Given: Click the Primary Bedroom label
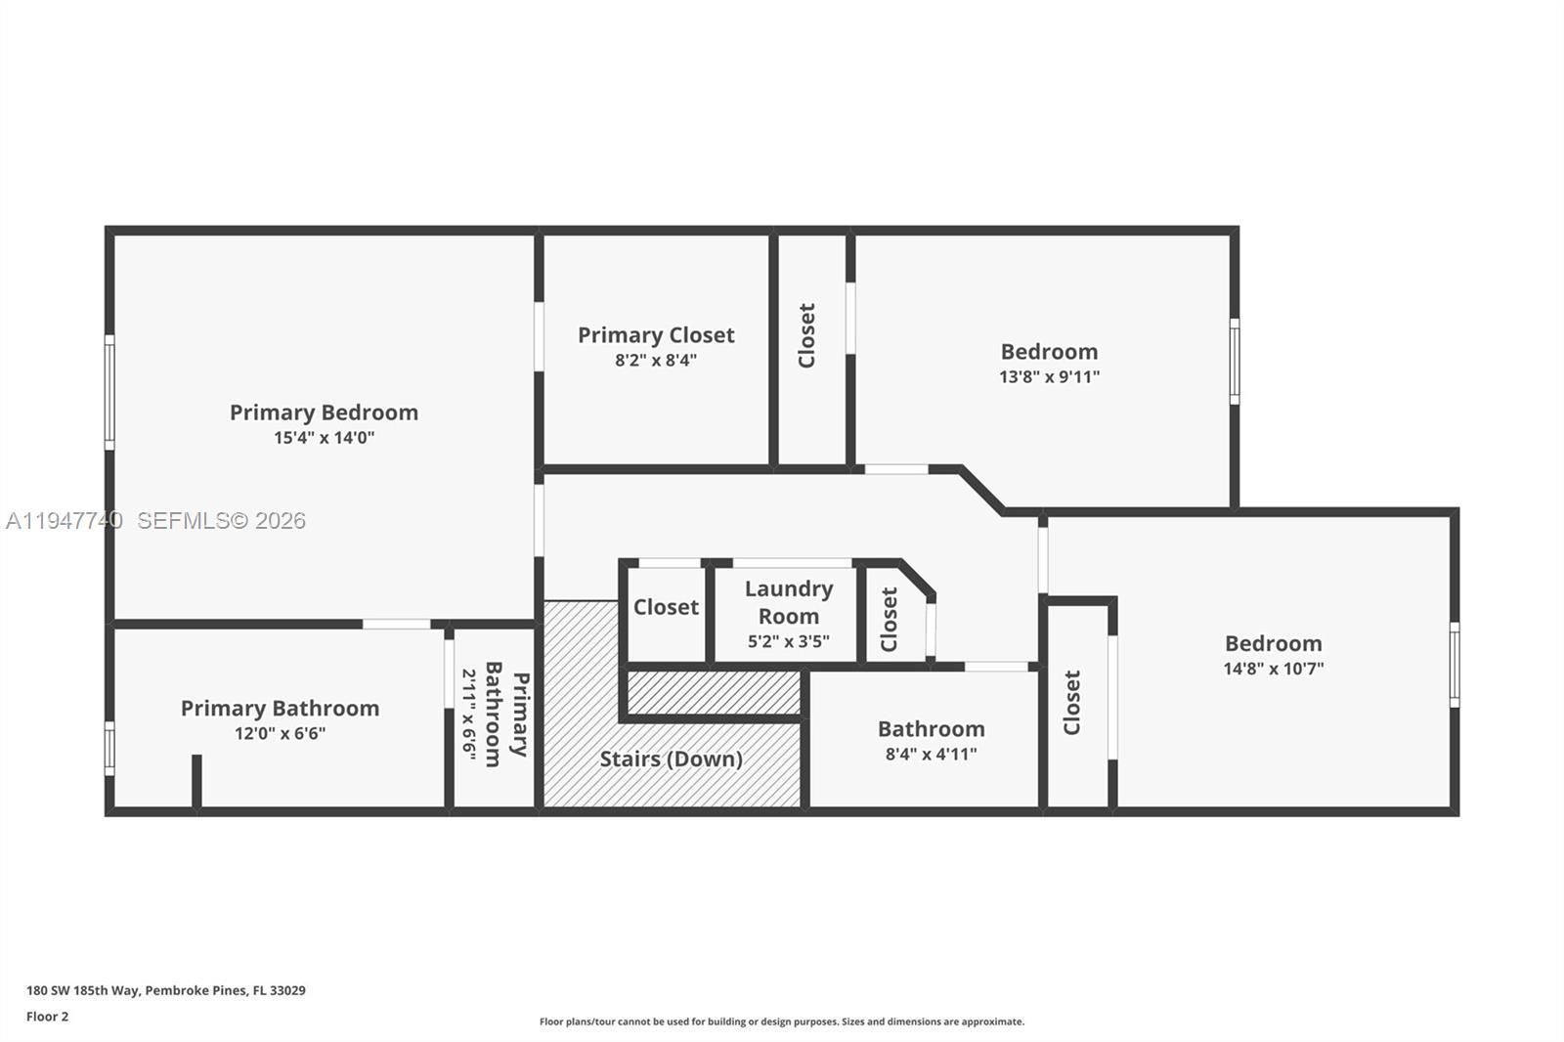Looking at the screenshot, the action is [x=324, y=412].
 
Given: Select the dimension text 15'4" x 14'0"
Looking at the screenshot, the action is [x=324, y=438].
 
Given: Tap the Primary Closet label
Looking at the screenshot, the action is [x=656, y=335].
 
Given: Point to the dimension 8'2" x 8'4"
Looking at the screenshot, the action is [x=656, y=361].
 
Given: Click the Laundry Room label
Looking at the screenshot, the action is [x=789, y=602].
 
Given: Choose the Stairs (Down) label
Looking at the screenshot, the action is [x=671, y=760].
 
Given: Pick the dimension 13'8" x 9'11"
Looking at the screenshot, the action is [x=1050, y=377].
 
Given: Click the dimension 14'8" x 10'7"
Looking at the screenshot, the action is [x=1274, y=669].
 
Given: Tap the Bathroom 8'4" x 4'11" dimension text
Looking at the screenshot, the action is [x=932, y=755].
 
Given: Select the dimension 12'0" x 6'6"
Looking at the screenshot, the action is [x=280, y=733].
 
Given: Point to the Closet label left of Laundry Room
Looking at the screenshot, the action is [x=666, y=607].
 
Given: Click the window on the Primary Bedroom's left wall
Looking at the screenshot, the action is [x=109, y=393].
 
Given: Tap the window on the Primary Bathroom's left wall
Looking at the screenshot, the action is [x=109, y=749].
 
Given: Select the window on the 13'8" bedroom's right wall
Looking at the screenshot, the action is [x=1235, y=362].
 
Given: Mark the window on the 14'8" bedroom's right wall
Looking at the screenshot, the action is [x=1455, y=665].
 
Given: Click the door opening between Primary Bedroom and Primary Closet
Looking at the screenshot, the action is [x=539, y=336].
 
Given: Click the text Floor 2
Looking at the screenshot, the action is [x=48, y=1017].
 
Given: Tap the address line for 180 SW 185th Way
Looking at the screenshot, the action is [x=166, y=990].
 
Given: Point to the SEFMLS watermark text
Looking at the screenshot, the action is [x=221, y=520].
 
